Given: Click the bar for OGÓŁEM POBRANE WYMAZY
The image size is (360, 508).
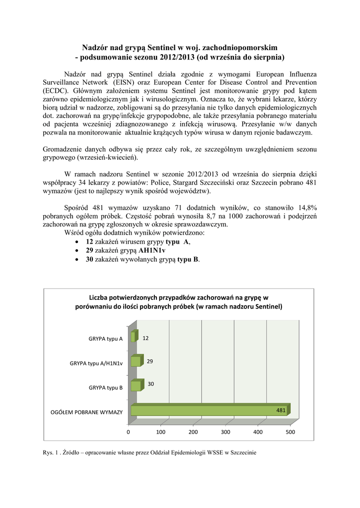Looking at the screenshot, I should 209,410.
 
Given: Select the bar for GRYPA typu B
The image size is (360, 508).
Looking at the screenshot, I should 135,386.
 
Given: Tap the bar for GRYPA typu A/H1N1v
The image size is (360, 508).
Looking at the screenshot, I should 135,362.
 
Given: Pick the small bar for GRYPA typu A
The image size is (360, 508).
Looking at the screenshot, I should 133,337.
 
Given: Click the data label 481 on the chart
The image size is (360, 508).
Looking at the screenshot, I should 281,410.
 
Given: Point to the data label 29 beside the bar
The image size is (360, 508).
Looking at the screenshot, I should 149,361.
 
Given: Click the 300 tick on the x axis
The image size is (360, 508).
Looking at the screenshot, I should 225,432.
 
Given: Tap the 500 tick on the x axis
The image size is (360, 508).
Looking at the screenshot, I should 290,432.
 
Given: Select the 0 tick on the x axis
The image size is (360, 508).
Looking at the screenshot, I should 128,432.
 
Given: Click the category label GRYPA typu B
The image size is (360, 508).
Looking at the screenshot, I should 106,387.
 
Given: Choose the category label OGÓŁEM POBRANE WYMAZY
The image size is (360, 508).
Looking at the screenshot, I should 87,412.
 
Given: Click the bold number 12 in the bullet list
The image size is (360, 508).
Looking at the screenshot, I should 89,242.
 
